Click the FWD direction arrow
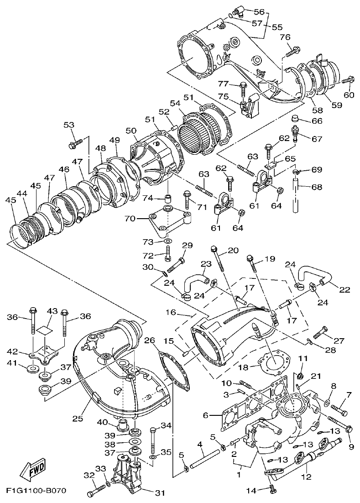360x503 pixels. pyautogui.click(x=29, y=470)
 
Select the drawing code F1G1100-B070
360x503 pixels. pyautogui.click(x=37, y=491)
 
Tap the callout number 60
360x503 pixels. pyautogui.click(x=349, y=95)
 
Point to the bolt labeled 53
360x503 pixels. pyautogui.click(x=75, y=145)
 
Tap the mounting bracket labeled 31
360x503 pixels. pyautogui.click(x=126, y=475)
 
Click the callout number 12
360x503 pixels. pyautogui.click(x=306, y=477)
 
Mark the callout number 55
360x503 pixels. pyautogui.click(x=277, y=27)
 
